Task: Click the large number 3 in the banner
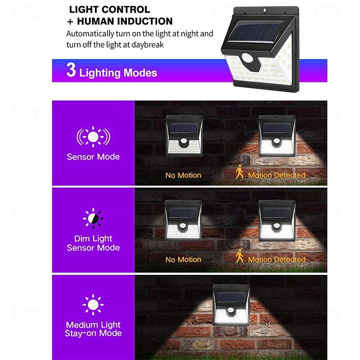pyautogui.click(x=71, y=71)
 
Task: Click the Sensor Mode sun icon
pyautogui.click(x=93, y=136)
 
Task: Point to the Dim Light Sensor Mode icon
pyautogui.click(x=93, y=219)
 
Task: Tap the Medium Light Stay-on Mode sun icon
pyautogui.click(x=93, y=305)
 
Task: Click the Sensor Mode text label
pyautogui.click(x=93, y=157)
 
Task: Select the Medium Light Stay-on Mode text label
pyautogui.click(x=93, y=329)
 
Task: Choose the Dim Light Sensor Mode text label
pyautogui.click(x=93, y=243)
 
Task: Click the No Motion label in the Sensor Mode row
pyautogui.click(x=183, y=175)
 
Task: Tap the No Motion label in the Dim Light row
pyautogui.click(x=183, y=260)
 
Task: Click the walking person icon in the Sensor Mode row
pyautogui.click(x=240, y=171)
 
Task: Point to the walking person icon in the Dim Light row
pyautogui.click(x=240, y=256)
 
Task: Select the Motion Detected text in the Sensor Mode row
pyautogui.click(x=276, y=175)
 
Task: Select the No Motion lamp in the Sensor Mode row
pyautogui.click(x=184, y=135)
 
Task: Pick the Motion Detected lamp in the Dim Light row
pyautogui.click(x=277, y=220)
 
